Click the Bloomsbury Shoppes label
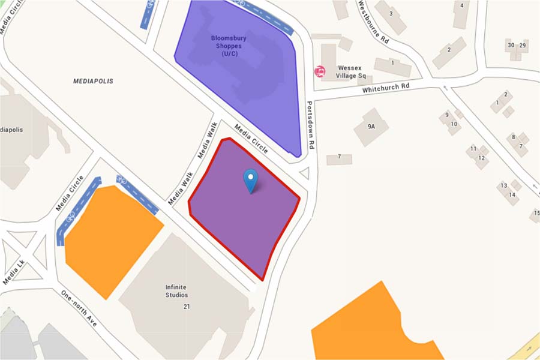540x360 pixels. point(229,46)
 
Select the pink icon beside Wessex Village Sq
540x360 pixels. point(320,72)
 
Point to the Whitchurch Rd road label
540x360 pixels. point(385,88)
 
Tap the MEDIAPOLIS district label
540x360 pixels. point(93,80)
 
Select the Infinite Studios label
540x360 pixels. point(176,291)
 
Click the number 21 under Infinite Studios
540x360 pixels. point(187,307)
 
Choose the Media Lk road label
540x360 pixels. point(14,272)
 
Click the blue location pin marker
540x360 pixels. point(250,179)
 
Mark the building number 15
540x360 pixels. point(536,213)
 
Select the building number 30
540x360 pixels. point(511,46)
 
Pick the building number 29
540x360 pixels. point(523,46)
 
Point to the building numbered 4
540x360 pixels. point(461,6)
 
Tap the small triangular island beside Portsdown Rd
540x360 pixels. point(304,173)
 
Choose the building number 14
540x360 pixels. point(512,194)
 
